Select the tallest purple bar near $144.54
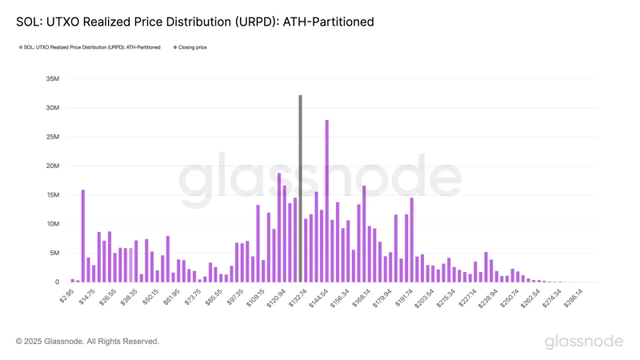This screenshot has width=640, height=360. point(326,200)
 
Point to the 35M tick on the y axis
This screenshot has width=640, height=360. point(54,79)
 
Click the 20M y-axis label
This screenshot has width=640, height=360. point(54,166)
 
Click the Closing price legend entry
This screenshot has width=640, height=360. point(192,47)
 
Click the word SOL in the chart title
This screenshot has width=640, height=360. point(27,22)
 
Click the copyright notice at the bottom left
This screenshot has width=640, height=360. point(88,342)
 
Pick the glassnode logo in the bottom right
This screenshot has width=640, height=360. point(584,342)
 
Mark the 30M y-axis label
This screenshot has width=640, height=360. point(54,108)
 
